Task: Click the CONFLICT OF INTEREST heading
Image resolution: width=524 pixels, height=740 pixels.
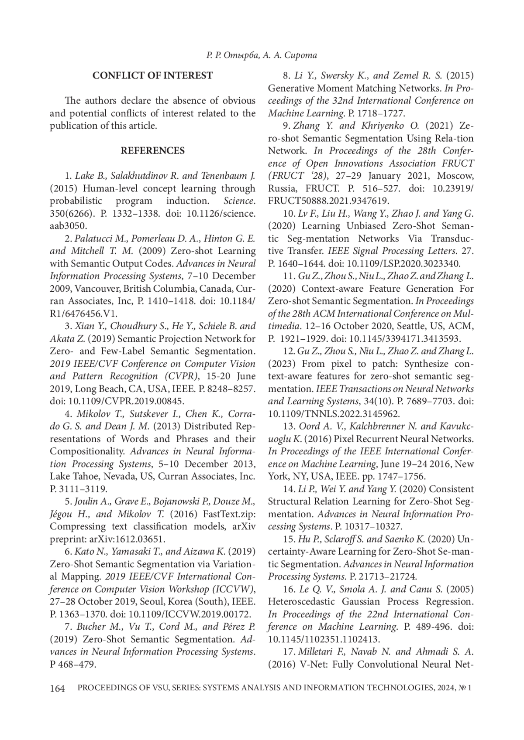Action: pyautogui.click(x=152, y=75)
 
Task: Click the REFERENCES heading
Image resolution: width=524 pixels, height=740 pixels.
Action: pyautogui.click(x=152, y=151)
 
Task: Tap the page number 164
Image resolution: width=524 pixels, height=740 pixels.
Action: pyautogui.click(x=57, y=689)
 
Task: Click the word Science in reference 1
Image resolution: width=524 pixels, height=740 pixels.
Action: pyautogui.click(x=239, y=201)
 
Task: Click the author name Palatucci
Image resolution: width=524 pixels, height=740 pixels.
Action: pyautogui.click(x=94, y=239)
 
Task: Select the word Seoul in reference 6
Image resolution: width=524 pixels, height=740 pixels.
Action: pyautogui.click(x=151, y=602)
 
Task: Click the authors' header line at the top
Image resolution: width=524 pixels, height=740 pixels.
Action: pyautogui.click(x=261, y=55)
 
